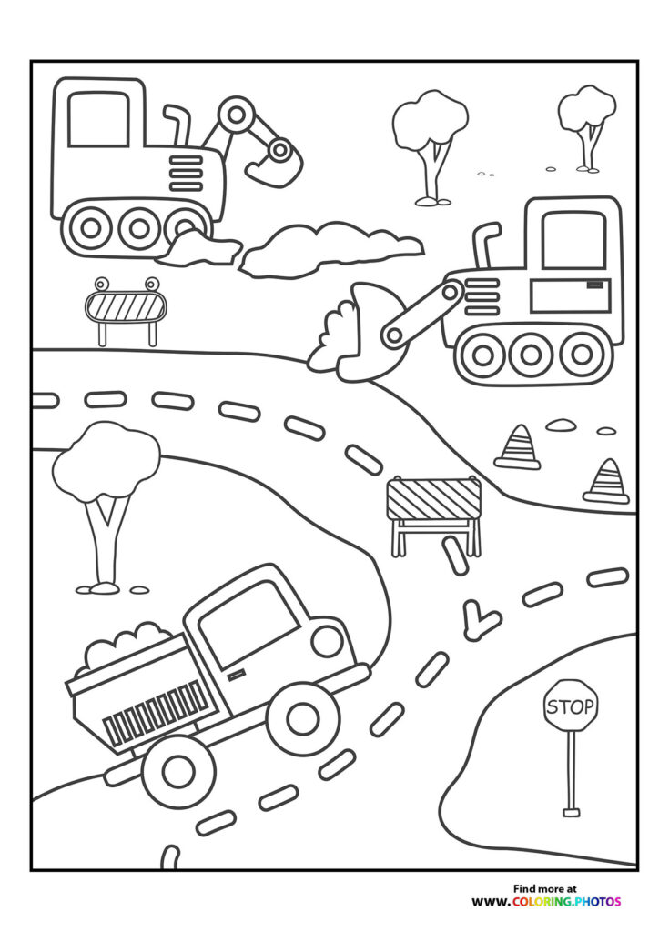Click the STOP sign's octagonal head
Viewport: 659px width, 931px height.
coord(571,706)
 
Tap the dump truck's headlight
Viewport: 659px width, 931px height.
coord(326,640)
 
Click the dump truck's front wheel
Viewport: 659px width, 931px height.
coord(302,719)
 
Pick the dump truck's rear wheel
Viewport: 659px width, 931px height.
coord(178,771)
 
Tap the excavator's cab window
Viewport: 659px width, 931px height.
coord(97,119)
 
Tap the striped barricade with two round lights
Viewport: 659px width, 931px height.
coord(127,307)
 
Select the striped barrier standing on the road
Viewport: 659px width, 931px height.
coord(433,500)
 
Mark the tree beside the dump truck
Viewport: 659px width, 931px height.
coord(106,491)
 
